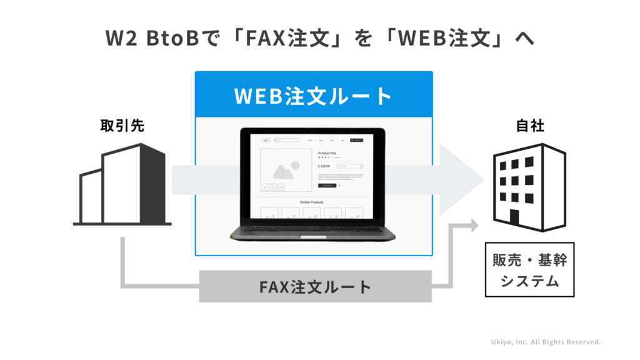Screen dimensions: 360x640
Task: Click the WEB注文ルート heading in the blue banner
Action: click(313, 96)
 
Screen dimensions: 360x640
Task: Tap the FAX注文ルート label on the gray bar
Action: click(315, 287)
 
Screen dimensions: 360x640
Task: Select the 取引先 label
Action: click(122, 126)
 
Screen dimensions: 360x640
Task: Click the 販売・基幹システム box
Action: click(529, 269)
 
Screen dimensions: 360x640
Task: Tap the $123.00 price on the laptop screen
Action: click(324, 166)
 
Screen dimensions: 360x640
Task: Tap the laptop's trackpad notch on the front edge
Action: click(314, 236)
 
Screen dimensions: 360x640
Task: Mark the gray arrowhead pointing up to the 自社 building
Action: click(473, 225)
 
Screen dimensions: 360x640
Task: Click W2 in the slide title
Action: click(119, 38)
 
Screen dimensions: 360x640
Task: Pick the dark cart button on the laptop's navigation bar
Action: click(356, 140)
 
